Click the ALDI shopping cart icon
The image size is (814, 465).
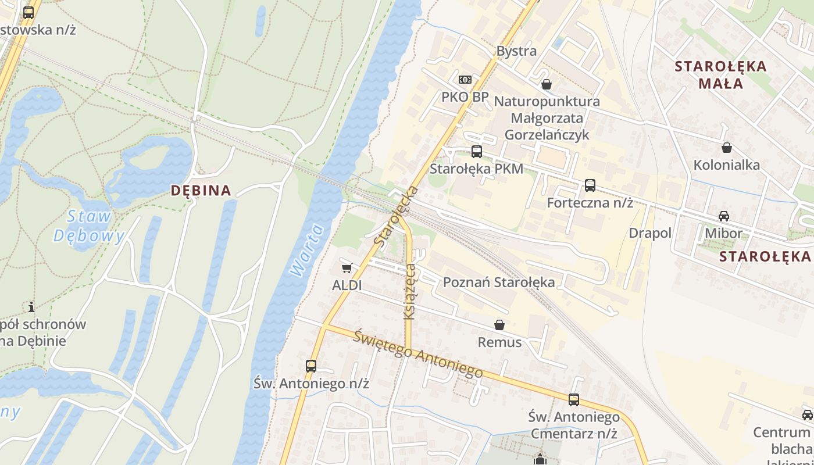(x=347, y=268)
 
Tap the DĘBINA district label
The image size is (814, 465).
(x=201, y=190)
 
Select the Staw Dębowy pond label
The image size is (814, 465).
(x=90, y=226)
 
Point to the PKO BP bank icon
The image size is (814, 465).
(x=465, y=80)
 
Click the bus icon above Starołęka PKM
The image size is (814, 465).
(x=477, y=152)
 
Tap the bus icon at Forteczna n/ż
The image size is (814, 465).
(x=590, y=185)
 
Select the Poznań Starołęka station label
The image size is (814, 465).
(x=498, y=282)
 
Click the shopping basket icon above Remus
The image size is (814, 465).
(x=499, y=325)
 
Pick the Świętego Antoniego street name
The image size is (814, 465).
(x=418, y=353)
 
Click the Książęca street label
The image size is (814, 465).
(x=410, y=291)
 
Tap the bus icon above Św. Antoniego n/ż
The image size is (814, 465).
(x=311, y=366)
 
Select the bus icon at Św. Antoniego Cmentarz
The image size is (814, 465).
(x=574, y=400)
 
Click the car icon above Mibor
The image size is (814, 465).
(x=723, y=216)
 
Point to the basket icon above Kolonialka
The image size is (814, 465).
(x=726, y=148)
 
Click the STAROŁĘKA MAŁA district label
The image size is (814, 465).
(x=721, y=74)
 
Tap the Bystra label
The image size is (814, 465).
(x=516, y=51)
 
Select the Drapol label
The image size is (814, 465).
(x=650, y=233)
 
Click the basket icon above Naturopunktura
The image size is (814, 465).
(x=546, y=84)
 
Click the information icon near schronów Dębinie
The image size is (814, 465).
(x=31, y=306)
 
